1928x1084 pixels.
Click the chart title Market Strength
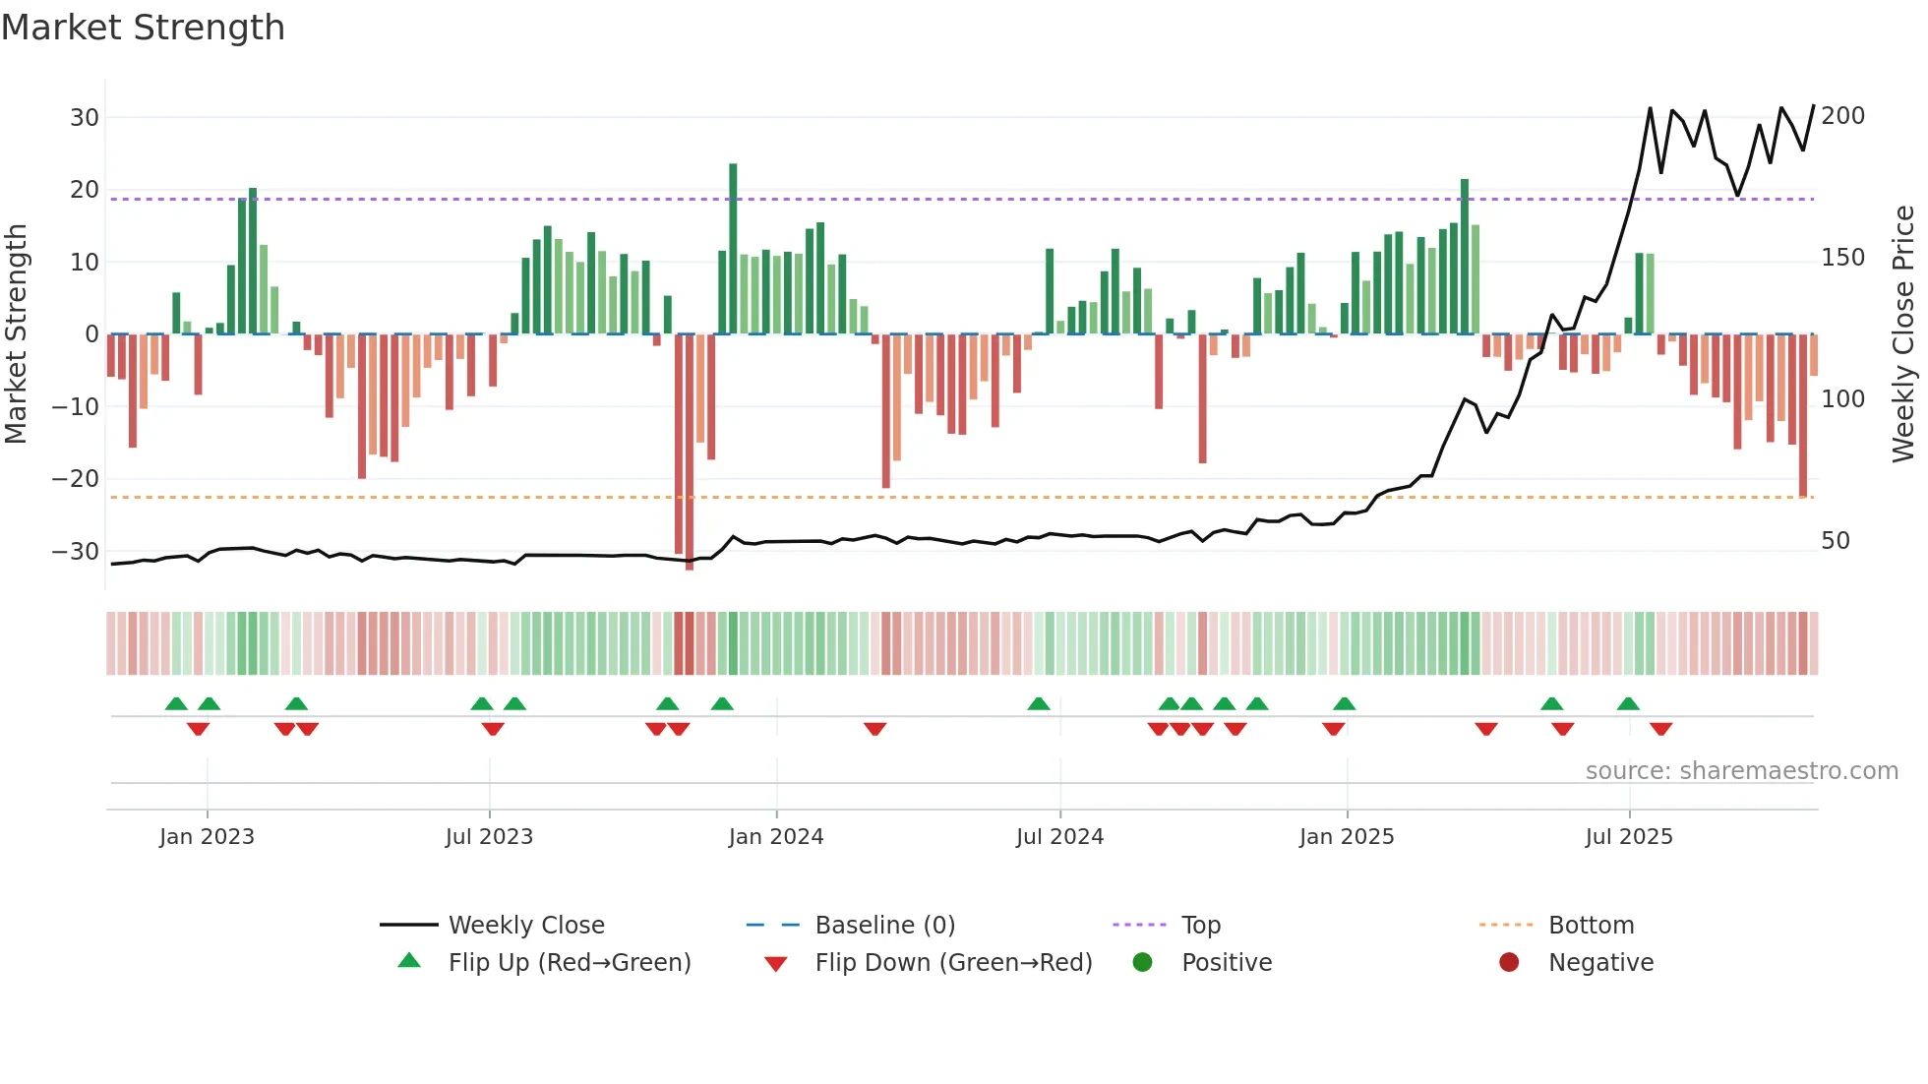click(143, 28)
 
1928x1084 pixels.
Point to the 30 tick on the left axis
click(85, 118)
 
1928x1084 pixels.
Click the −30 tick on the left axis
click(77, 552)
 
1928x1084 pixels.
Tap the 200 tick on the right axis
click(1842, 116)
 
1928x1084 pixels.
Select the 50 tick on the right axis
click(1835, 541)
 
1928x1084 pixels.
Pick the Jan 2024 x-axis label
click(775, 837)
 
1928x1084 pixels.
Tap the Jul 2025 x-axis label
click(1628, 837)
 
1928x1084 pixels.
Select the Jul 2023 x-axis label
click(489, 837)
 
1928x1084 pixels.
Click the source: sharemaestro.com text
click(1741, 771)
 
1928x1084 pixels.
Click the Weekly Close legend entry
click(526, 926)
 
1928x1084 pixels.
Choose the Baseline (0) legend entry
click(884, 926)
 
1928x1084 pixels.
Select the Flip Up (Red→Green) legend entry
click(569, 963)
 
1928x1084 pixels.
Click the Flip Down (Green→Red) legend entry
click(953, 963)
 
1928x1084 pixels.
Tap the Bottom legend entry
click(1591, 926)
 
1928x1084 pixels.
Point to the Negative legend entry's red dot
click(1509, 963)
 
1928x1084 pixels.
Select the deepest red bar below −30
click(690, 452)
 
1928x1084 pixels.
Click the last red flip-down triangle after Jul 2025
click(1660, 729)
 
